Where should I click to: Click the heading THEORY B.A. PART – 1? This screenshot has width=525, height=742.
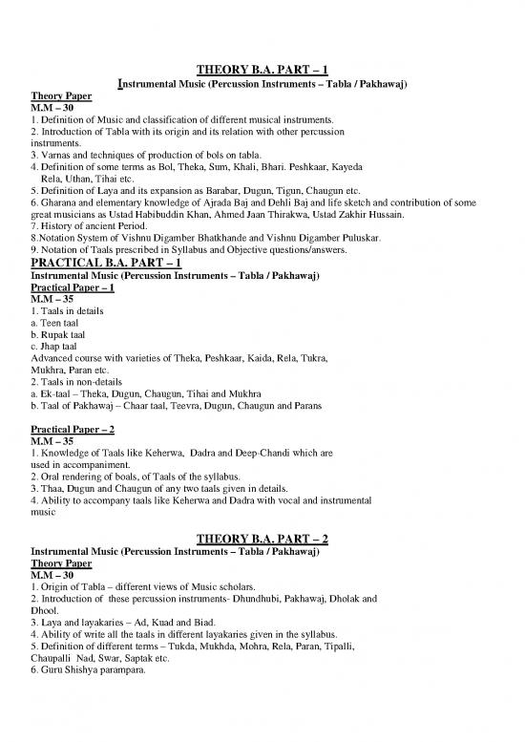[x=262, y=69]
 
